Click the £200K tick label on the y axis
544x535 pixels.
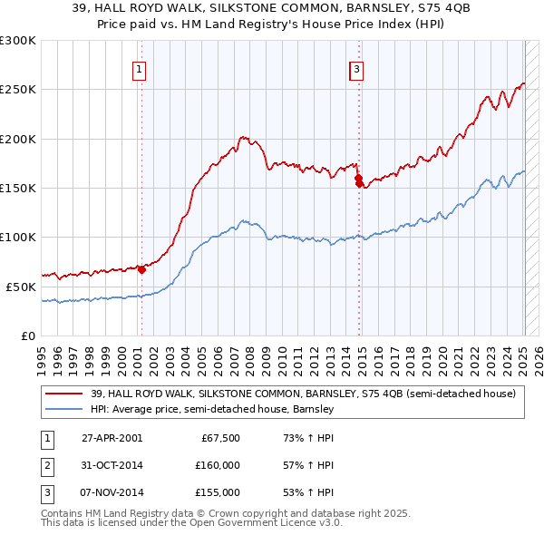[17, 139]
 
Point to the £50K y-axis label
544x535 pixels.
[20, 287]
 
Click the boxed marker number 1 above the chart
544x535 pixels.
[140, 68]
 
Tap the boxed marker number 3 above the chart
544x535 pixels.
[357, 68]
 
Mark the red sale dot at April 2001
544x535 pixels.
[141, 269]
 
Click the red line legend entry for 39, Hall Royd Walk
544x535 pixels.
[302, 394]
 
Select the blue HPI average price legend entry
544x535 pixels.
[212, 409]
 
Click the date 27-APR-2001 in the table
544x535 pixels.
[112, 438]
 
